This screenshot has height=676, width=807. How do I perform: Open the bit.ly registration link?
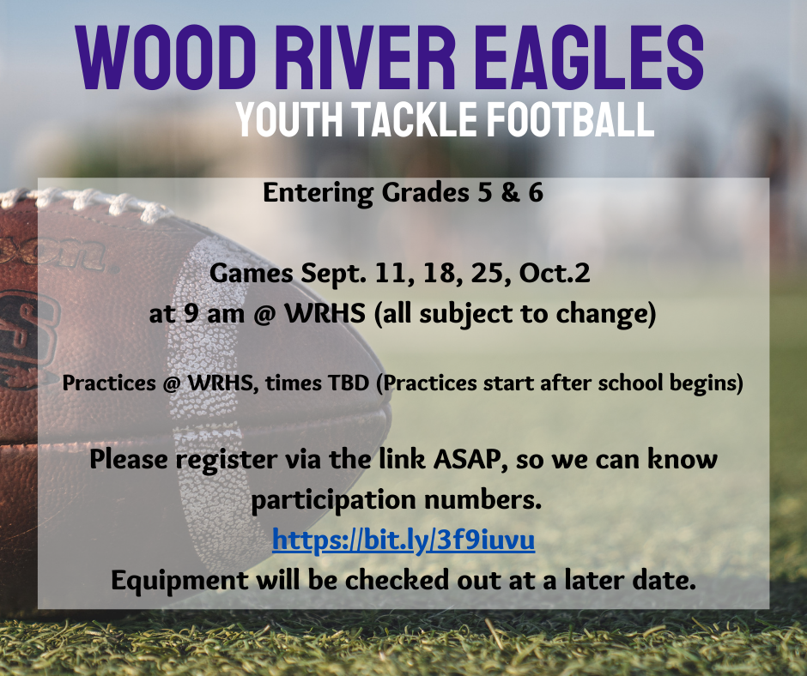(403, 540)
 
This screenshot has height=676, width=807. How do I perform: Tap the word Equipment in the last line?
(179, 581)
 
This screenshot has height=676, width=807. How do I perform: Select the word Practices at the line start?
(103, 383)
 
